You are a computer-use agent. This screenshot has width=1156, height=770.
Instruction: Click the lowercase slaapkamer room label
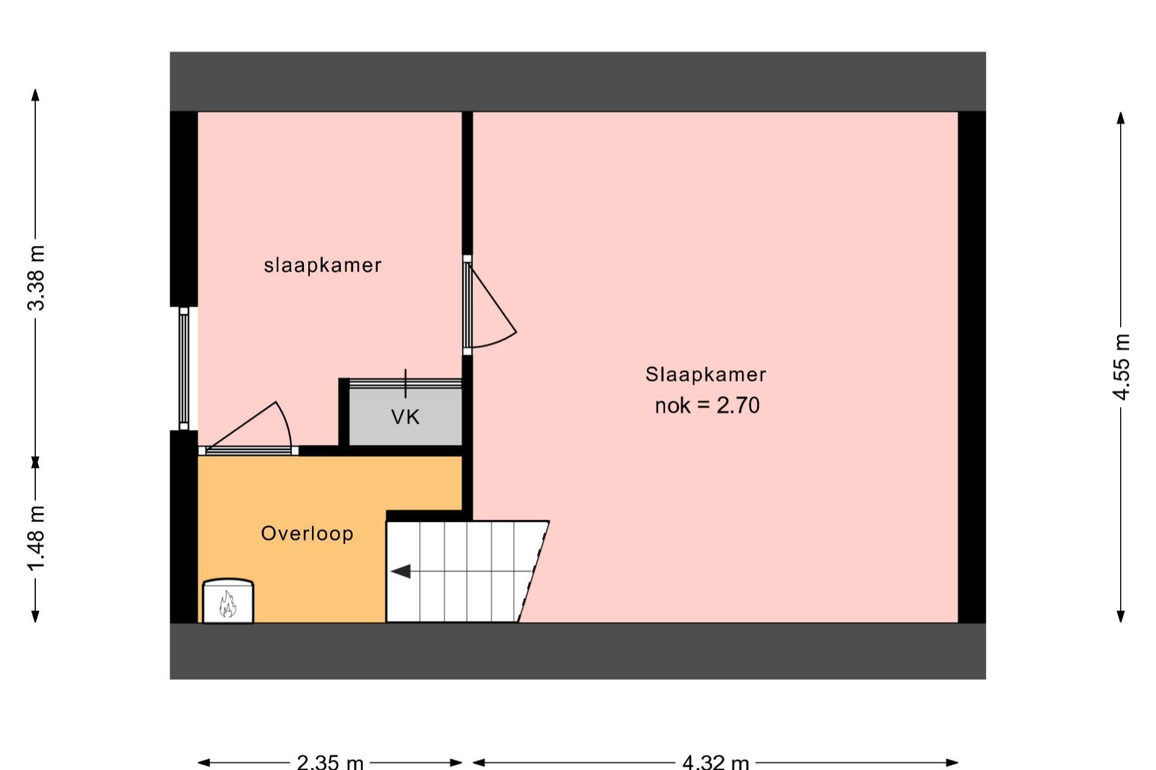pos(323,265)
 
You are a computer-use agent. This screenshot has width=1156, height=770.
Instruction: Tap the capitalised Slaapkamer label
pos(705,374)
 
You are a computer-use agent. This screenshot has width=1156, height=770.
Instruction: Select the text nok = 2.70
pos(707,406)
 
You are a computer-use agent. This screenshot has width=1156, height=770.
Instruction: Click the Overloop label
pos(307,534)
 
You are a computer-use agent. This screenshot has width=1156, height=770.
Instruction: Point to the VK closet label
pos(406,417)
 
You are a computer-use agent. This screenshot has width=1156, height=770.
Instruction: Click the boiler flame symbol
pos(228,604)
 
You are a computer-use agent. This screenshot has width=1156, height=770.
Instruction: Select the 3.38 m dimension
pos(36,278)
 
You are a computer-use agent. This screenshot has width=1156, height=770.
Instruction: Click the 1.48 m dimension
pos(36,538)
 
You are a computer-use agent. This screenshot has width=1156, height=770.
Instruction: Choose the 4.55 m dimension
pos(1121,367)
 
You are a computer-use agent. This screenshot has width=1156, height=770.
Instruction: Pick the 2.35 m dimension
pos(330,762)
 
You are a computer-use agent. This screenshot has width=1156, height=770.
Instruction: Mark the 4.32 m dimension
pos(716,762)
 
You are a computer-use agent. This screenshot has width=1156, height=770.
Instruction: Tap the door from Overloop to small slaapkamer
pos(248,428)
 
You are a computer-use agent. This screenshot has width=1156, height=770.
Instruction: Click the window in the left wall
pos(184,368)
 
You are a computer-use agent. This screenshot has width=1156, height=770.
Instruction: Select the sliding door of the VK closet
pos(405,383)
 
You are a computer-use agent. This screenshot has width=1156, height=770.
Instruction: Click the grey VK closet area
pos(405,417)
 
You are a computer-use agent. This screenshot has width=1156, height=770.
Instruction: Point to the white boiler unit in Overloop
pos(228,601)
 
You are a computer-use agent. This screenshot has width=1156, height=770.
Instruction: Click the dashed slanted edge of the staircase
pos(534,572)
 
